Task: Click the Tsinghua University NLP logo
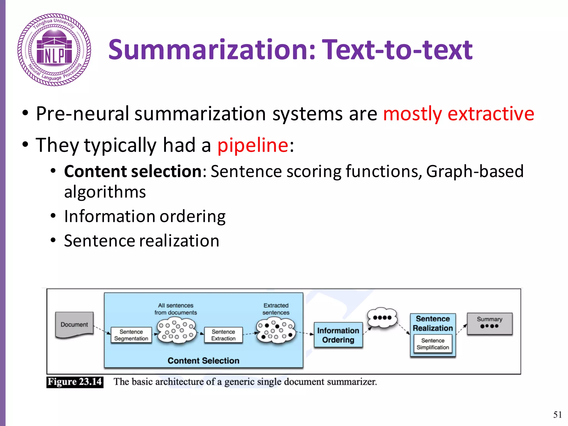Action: coord(54,50)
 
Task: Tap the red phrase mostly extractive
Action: coord(458,114)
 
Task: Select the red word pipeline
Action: coord(253,145)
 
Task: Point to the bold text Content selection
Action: coord(133,171)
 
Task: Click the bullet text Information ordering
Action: coord(144,216)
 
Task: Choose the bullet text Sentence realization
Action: coord(141,240)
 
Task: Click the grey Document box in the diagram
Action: coord(74,324)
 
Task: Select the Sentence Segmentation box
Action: coord(131,335)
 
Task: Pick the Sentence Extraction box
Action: coord(223,335)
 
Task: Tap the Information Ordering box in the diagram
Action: coord(338,335)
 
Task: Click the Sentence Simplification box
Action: coord(433,344)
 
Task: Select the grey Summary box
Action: coord(490,323)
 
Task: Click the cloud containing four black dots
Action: coord(382,318)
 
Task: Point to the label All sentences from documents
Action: coord(176,309)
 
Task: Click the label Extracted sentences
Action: coord(276,309)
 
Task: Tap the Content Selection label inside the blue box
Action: coord(203,361)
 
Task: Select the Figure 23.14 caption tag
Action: coord(75,382)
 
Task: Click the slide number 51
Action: coord(557,414)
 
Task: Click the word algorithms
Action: coord(105,192)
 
